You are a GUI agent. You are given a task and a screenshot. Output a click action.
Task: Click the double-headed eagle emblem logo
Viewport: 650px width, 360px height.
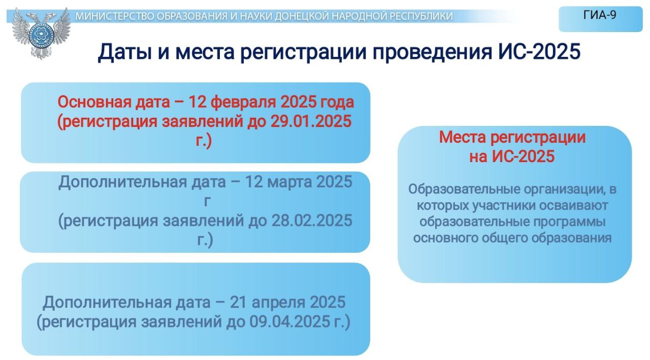coord(41,34)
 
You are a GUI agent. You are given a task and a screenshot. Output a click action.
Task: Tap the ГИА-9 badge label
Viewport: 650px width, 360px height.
coord(600,15)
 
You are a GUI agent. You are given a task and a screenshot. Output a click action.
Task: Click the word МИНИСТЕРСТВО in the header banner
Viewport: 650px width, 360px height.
coord(116,16)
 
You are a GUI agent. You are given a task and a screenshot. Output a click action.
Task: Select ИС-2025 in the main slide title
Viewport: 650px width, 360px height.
coord(539,51)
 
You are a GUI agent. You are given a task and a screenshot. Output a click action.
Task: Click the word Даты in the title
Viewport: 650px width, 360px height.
coord(125,52)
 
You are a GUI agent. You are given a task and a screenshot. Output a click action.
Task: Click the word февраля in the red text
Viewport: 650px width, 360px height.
coord(243,102)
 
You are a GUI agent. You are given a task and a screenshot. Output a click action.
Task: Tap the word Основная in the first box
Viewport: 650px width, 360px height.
coord(94,102)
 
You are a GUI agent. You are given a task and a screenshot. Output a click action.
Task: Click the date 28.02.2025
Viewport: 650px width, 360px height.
coord(312,220)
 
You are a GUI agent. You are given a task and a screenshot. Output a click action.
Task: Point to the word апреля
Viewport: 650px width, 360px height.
coord(278,303)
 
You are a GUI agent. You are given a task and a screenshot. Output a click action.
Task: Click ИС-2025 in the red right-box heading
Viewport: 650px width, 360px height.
coord(523,156)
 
